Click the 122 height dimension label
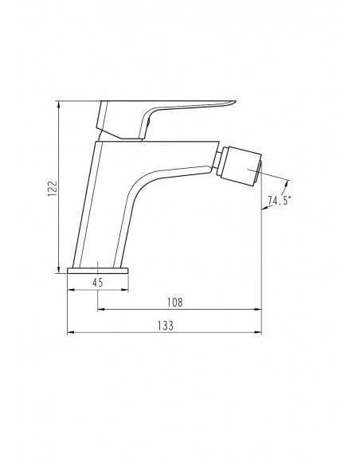click(52, 187)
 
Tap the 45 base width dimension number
click(97, 283)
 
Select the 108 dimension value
click(175, 303)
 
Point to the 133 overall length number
click(165, 326)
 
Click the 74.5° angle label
click(279, 201)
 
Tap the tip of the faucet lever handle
click(235, 102)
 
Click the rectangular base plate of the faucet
click(98, 271)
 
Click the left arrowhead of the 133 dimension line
click(71, 333)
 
